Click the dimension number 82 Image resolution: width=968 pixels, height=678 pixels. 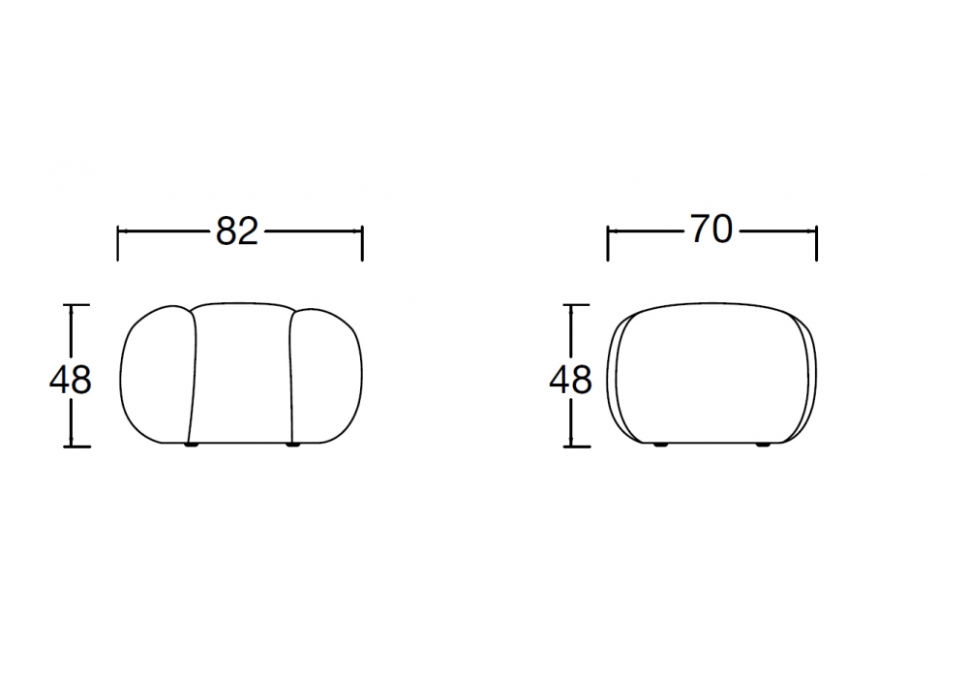[236, 231]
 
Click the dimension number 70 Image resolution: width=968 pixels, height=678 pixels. [711, 230]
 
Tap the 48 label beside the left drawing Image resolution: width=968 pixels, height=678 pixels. [71, 380]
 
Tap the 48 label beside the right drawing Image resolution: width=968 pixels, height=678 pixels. [570, 380]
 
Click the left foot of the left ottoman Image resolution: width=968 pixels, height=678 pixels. [192, 445]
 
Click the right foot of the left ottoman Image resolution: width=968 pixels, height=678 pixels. [292, 445]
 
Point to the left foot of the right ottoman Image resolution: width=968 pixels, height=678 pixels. [660, 445]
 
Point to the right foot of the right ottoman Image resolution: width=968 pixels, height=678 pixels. [763, 445]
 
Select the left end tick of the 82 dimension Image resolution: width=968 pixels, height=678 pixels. [117, 243]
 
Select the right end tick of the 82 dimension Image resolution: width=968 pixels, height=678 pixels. [362, 243]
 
